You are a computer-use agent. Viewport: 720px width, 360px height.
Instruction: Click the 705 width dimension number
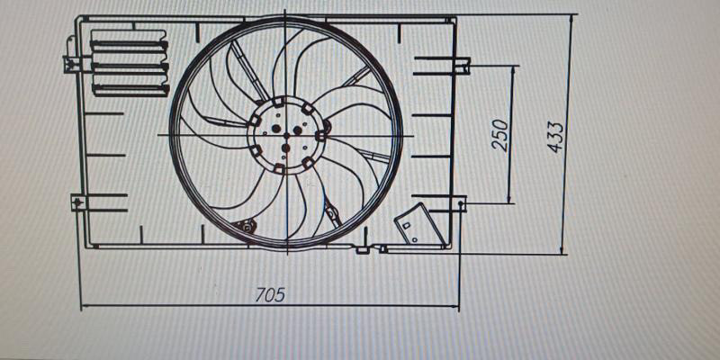pos(271,294)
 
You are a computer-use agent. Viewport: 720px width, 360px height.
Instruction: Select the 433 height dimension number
pos(555,137)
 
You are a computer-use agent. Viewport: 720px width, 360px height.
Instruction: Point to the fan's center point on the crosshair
pos(286,136)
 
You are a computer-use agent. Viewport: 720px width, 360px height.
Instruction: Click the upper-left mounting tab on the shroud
pos(71,64)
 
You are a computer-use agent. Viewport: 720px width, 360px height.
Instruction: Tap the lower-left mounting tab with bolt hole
pos(78,202)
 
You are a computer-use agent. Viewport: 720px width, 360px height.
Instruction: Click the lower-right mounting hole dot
pos(461,202)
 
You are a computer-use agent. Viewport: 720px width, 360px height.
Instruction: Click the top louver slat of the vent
pos(130,45)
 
